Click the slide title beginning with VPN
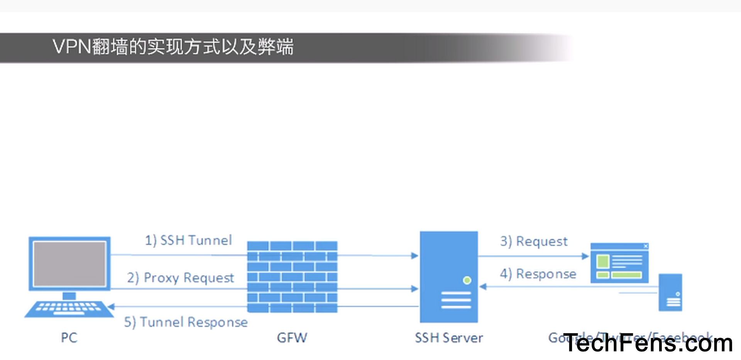tap(173, 47)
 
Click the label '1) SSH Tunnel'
tap(188, 240)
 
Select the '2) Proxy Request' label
tap(181, 277)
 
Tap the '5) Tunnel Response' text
tap(186, 322)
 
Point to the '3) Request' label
tap(534, 242)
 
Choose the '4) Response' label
tap(538, 274)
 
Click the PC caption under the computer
tap(69, 338)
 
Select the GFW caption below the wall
tap(292, 338)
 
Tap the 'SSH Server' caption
tap(449, 338)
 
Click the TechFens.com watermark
tap(648, 343)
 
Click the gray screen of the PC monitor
tap(69, 264)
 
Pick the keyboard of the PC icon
tap(69, 308)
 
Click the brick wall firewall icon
tap(292, 277)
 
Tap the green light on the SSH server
tap(467, 280)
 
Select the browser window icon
tap(619, 263)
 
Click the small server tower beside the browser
tap(670, 292)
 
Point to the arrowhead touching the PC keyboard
tap(111, 307)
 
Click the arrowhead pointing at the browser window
tap(585, 256)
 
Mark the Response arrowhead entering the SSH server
tap(482, 287)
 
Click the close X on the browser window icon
tap(646, 246)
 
